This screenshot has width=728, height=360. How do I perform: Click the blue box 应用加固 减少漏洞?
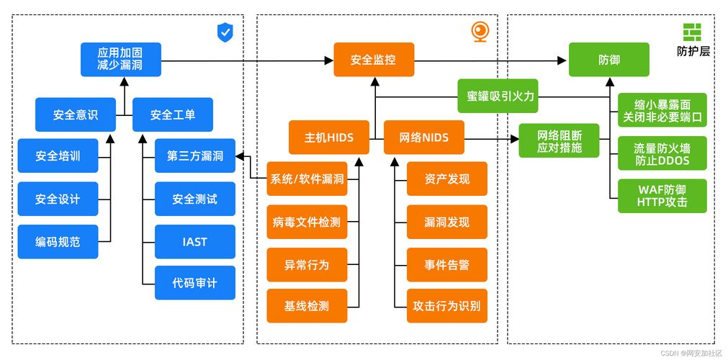click(120, 59)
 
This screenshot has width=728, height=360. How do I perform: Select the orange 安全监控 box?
click(374, 59)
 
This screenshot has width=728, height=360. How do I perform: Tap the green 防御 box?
click(608, 59)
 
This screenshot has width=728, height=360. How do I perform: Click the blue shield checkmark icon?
click(225, 32)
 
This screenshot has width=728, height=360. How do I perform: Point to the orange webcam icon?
click(480, 32)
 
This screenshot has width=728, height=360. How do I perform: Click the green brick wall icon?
click(692, 32)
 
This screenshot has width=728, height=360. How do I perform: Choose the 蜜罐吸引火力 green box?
click(500, 96)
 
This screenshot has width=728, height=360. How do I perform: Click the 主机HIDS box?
click(329, 137)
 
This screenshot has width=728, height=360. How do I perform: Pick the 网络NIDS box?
click(423, 137)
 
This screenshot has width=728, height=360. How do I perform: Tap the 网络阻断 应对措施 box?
click(560, 141)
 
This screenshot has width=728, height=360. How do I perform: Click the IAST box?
click(194, 242)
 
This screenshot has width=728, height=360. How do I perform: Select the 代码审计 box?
click(194, 283)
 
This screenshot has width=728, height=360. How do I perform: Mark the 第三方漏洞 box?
click(194, 156)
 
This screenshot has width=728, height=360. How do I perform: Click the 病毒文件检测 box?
click(307, 222)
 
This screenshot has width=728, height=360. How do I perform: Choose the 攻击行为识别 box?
click(446, 305)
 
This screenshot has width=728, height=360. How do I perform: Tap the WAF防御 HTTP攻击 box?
click(662, 196)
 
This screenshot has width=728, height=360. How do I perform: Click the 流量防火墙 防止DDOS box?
click(662, 154)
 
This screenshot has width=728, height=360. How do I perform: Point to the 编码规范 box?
click(58, 242)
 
